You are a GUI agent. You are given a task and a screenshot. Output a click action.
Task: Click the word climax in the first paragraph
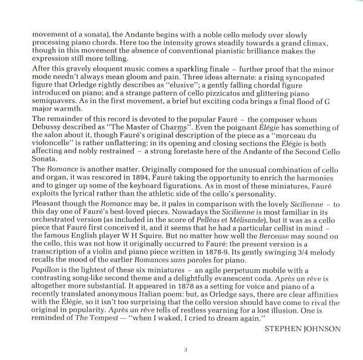coord(330,46)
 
